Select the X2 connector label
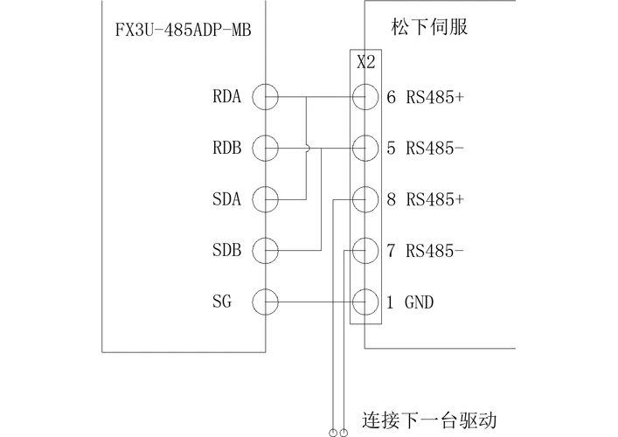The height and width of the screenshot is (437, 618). click(366, 62)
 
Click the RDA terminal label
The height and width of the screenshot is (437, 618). click(226, 97)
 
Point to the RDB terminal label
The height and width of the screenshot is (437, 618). click(226, 148)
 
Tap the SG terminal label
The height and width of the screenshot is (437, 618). click(222, 302)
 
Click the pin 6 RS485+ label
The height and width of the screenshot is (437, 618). click(425, 97)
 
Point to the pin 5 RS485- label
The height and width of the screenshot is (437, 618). click(425, 148)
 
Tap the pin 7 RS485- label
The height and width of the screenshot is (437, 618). click(425, 251)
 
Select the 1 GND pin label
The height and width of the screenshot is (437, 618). click(410, 302)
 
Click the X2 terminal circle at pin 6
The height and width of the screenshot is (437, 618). click(365, 97)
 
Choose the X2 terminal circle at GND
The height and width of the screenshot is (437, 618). click(365, 302)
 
